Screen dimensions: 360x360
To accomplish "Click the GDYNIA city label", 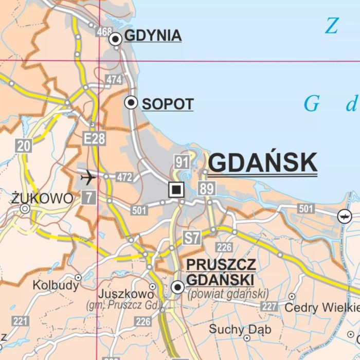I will click(153, 36).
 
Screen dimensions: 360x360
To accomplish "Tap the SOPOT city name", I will click(168, 104).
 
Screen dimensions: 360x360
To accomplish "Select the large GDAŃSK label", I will click(263, 163).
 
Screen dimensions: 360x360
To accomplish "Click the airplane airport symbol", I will click(88, 178).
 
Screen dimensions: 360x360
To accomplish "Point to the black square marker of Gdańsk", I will click(176, 190).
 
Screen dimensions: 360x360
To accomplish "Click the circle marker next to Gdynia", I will click(116, 38).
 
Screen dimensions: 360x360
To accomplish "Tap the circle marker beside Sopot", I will click(132, 103).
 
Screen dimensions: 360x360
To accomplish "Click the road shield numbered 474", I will click(114, 79).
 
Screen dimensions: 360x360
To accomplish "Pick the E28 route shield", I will click(94, 138).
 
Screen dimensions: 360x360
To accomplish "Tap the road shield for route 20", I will click(24, 146).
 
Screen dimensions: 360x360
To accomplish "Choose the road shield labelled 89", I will click(206, 189).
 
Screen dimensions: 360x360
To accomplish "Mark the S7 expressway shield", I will click(192, 238).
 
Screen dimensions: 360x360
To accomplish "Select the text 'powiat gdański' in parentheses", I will click(228, 294).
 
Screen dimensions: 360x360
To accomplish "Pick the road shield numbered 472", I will click(124, 178).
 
